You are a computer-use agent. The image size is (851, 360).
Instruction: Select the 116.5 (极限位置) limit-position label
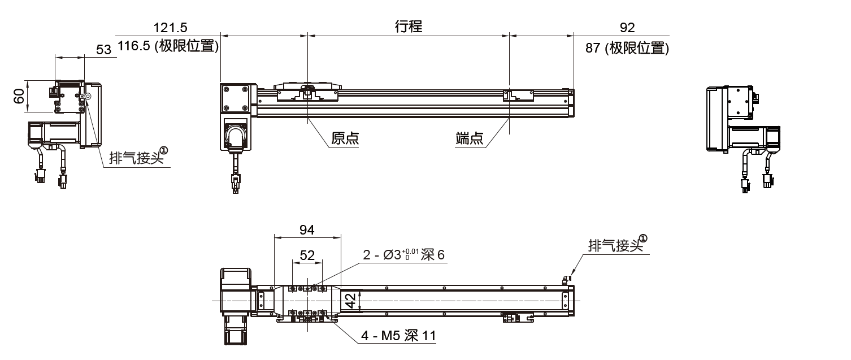coord(168,47)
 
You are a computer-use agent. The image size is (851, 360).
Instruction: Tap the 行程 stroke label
coord(408,27)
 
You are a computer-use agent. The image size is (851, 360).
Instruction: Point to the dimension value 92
coord(627,27)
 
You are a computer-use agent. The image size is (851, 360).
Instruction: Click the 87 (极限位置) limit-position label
coord(627,48)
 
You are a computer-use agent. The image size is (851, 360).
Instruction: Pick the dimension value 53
coord(103,50)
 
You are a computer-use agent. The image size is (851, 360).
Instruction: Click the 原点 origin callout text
coord(345,139)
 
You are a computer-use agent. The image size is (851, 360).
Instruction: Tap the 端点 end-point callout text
coord(470,139)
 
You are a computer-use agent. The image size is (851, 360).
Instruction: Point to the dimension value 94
coord(307,229)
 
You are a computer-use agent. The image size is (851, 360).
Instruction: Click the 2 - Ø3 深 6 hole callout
coord(403,255)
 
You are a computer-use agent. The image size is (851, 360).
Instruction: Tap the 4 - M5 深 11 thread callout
coord(398,336)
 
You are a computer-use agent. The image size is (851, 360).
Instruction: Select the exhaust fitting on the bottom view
coord(567,278)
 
